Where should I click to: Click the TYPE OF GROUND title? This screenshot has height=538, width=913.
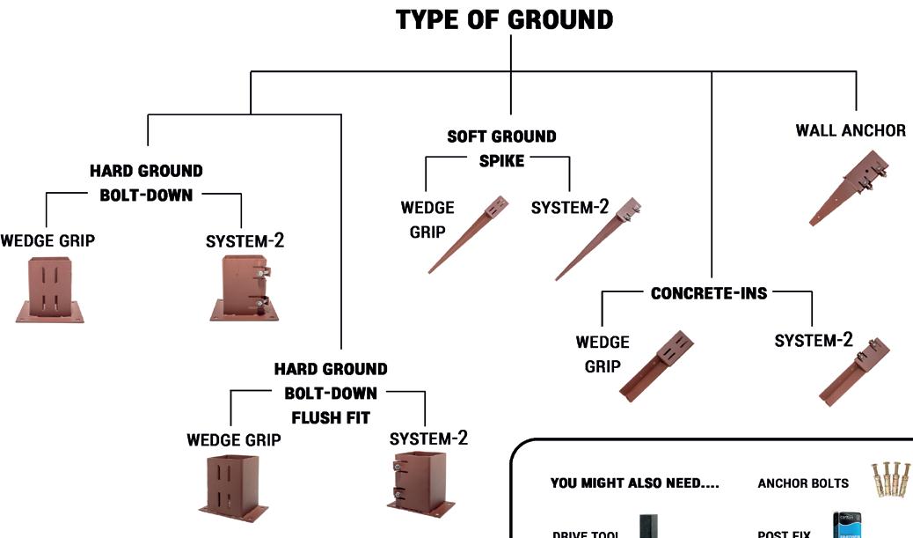pyautogui.click(x=504, y=20)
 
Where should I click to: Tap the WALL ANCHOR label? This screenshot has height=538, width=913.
pyautogui.click(x=850, y=130)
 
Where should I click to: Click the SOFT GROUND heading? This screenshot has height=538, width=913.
pyautogui.click(x=501, y=136)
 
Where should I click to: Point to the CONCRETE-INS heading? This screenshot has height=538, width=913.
pyautogui.click(x=709, y=293)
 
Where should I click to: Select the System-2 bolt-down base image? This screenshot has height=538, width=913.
pyautogui.click(x=245, y=287)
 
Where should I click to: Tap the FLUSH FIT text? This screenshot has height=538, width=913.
pyautogui.click(x=330, y=417)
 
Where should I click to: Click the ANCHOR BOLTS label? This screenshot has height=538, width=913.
pyautogui.click(x=803, y=483)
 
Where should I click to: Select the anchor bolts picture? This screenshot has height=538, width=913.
pyautogui.click(x=889, y=480)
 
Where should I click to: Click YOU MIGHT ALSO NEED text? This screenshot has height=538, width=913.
pyautogui.click(x=634, y=483)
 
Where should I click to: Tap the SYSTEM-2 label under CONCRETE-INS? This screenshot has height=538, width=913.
pyautogui.click(x=814, y=341)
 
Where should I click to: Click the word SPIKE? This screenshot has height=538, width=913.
pyautogui.click(x=501, y=161)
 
